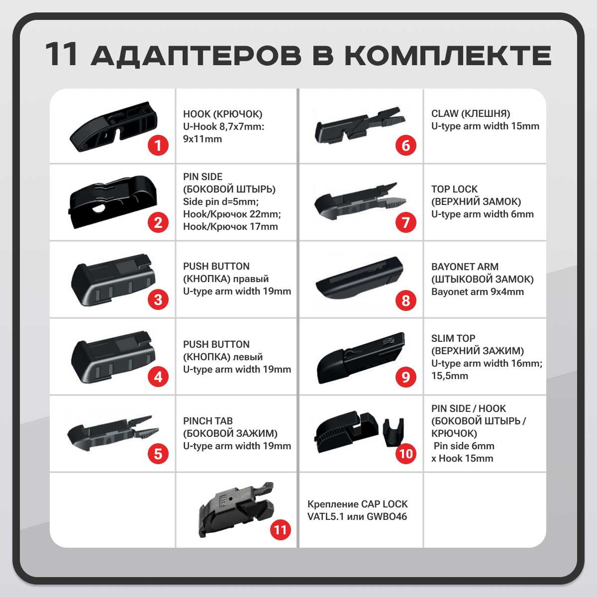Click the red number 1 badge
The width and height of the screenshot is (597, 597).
[158, 145]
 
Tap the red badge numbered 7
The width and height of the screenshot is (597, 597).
[406, 222]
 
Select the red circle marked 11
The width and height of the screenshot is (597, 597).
[281, 529]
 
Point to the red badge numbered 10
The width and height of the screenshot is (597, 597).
[406, 454]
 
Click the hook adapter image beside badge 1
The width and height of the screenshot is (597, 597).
[113, 126]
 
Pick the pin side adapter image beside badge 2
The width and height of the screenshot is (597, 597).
[112, 201]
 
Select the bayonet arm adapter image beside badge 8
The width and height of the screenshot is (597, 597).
[359, 278]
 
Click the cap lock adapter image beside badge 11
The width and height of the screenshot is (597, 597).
[236, 509]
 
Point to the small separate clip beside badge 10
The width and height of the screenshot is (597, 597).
[394, 432]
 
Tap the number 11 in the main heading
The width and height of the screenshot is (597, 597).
[61, 54]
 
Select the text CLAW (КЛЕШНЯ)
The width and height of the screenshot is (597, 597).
[471, 113]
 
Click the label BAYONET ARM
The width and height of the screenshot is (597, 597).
[465, 267]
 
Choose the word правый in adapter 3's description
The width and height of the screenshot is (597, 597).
[251, 279]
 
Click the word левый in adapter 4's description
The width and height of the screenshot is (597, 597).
[248, 357]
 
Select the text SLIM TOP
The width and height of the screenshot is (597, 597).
[453, 338]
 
